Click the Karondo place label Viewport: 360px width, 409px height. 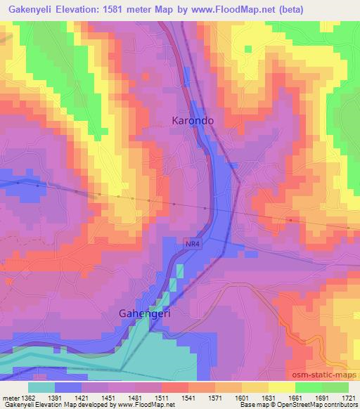click(x=193, y=121)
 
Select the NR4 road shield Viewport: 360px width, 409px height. click(x=193, y=243)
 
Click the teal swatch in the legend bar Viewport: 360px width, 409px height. click(x=41, y=387)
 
